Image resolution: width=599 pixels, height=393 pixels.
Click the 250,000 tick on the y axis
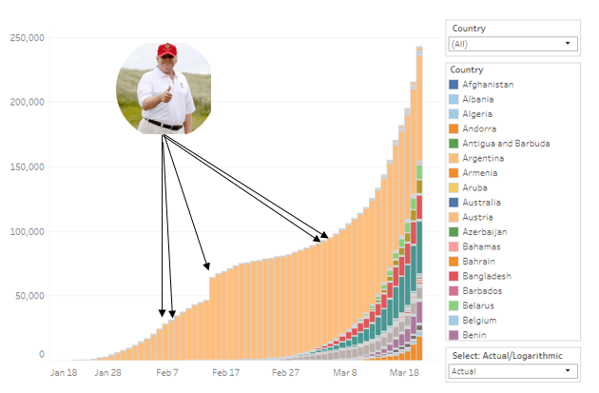click(x=27, y=38)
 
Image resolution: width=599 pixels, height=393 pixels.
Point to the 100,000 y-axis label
click(x=27, y=232)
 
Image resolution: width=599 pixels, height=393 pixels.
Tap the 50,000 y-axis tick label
click(x=29, y=296)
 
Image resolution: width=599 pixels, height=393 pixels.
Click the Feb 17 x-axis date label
click(x=225, y=374)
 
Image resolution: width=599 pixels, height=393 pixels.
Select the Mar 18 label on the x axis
click(x=405, y=374)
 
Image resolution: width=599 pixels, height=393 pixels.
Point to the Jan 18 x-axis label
click(x=64, y=374)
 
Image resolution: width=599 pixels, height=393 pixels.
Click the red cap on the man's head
click(x=167, y=49)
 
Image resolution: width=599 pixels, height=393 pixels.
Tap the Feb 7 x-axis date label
click(x=168, y=374)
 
